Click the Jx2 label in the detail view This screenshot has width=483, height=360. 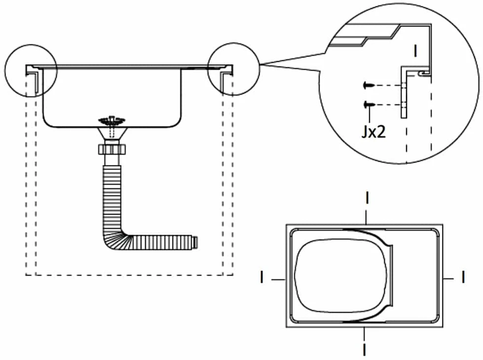pos(373,132)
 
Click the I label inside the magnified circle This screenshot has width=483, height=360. pos(415,51)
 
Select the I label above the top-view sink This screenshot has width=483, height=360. pos(367,198)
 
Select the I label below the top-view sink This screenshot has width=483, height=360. pos(365,350)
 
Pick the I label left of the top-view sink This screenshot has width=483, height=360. pos(262,277)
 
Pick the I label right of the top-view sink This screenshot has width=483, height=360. pos(463,277)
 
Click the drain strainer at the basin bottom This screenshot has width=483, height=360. pos(112,120)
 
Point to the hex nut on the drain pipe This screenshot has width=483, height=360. pos(112,150)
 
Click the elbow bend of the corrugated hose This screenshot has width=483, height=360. pos(115,239)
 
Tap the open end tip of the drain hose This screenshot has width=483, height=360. pos(195,242)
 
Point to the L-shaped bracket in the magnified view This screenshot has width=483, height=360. pos(404,92)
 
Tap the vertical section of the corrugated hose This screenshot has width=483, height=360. pos(112,197)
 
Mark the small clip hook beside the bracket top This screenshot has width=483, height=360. pos(424,74)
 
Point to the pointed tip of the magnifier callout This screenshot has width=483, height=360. pos(260,64)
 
